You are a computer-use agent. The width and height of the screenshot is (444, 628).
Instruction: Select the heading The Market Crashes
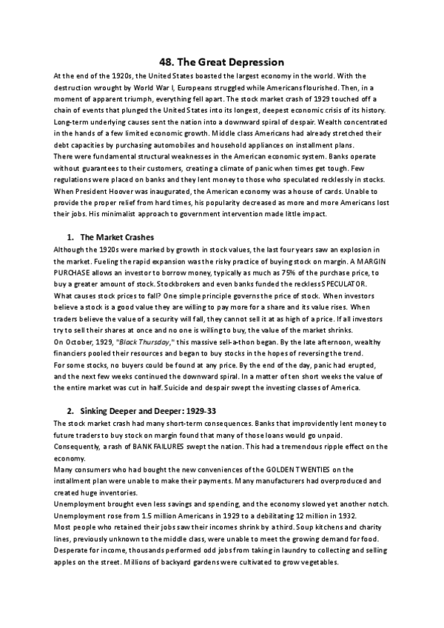point(116,237)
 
